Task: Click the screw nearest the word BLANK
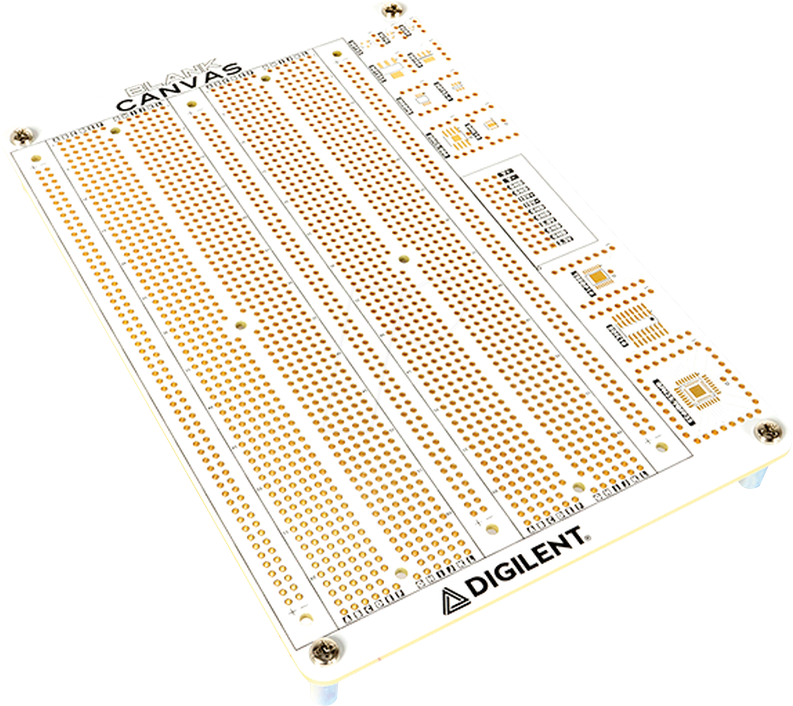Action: [x=23, y=137]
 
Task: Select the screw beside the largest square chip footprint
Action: [x=770, y=431]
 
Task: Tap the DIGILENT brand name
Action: [x=525, y=561]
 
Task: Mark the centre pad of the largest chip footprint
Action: [x=696, y=390]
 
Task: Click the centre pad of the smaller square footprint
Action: [x=598, y=277]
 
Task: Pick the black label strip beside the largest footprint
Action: [x=674, y=396]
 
